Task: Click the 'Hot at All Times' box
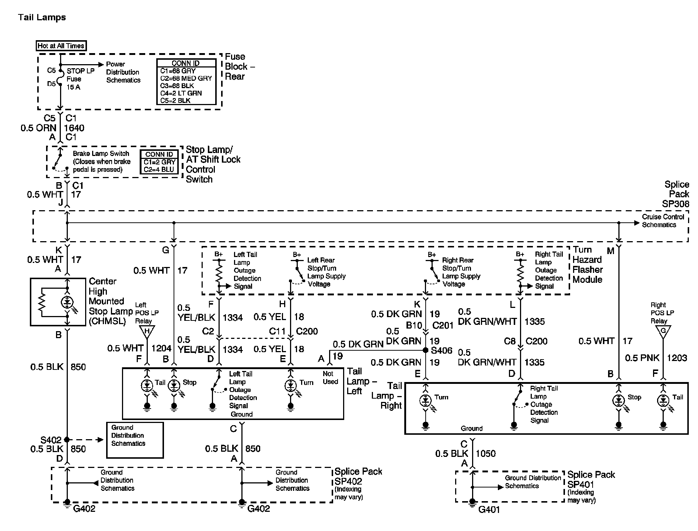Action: (x=61, y=46)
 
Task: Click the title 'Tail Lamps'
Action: (x=42, y=17)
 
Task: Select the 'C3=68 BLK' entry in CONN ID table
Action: (x=178, y=86)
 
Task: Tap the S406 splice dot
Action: (x=425, y=350)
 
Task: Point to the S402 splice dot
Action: (x=67, y=440)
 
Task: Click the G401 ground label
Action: (x=489, y=510)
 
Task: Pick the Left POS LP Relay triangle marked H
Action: (x=147, y=332)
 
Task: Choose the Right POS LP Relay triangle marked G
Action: (x=663, y=331)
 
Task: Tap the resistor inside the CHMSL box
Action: (x=42, y=302)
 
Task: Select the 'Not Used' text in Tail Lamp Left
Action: (x=330, y=378)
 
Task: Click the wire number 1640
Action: (x=74, y=128)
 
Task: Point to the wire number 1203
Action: (x=677, y=358)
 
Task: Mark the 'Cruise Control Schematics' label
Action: (x=663, y=221)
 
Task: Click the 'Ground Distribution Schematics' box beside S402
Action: (x=135, y=440)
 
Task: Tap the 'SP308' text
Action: (x=675, y=204)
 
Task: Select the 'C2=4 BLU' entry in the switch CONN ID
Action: (x=159, y=170)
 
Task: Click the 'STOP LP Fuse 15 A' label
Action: (x=80, y=79)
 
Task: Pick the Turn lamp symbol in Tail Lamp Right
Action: (x=426, y=400)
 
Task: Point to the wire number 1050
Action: (x=486, y=454)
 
